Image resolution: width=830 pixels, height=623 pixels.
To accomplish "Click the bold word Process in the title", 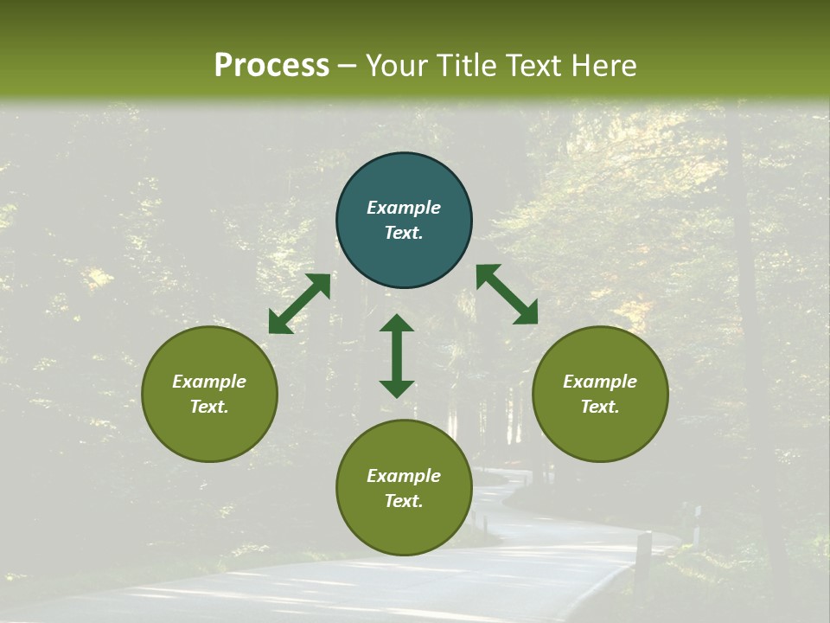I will click(271, 66).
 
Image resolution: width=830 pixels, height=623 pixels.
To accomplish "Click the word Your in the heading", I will click(396, 66).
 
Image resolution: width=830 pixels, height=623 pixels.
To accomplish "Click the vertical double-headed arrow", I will click(397, 356).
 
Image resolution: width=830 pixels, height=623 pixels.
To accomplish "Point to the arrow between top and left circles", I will click(299, 303).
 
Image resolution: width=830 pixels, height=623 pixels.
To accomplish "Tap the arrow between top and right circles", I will click(507, 294).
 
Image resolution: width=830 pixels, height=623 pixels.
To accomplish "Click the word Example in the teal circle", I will click(404, 208).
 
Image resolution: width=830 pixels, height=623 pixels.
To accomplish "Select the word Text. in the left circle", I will click(209, 407).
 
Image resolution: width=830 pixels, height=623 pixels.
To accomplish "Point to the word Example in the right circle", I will click(600, 382).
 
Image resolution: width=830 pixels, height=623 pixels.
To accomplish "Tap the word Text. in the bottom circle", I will click(404, 501).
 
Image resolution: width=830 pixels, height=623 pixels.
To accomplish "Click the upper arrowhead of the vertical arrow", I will click(397, 324).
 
